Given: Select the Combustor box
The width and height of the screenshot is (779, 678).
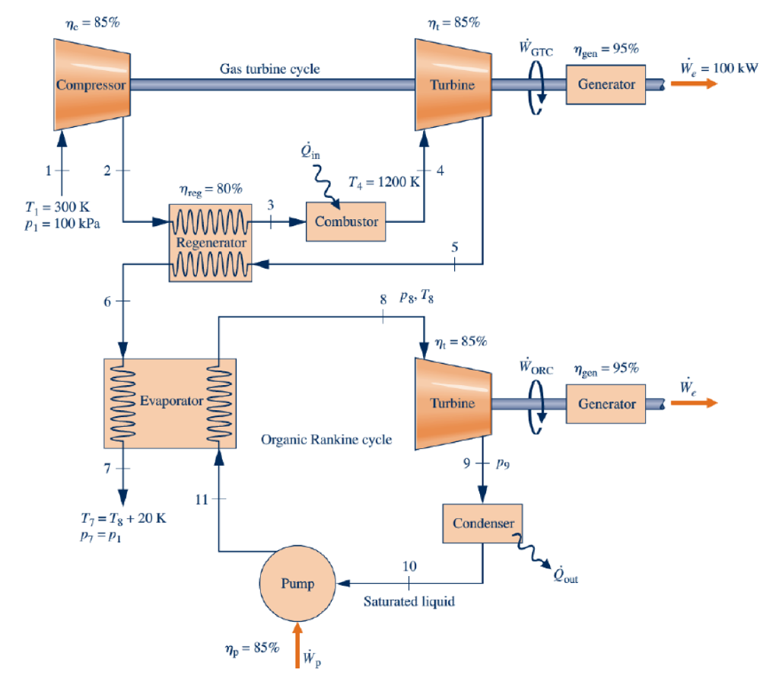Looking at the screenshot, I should (345, 221).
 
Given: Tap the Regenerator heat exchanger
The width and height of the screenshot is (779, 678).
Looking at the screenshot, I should (210, 243).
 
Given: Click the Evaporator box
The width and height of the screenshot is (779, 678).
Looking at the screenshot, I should (170, 402).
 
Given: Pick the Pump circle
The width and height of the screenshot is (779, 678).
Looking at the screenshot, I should (297, 584).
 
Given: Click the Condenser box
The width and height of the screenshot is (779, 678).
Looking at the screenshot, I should (482, 524).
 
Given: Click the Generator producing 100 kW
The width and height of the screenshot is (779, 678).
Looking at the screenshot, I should (606, 84).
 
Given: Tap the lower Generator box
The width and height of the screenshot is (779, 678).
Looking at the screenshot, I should (606, 403).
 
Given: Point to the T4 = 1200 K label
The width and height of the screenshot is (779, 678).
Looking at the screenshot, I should (383, 183).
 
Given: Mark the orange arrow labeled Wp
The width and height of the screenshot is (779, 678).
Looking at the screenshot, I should (297, 646).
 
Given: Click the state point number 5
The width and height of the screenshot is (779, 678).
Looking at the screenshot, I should (455, 247).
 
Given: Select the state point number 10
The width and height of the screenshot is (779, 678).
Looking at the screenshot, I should (409, 566).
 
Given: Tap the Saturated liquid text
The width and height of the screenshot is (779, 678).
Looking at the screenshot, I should (409, 602).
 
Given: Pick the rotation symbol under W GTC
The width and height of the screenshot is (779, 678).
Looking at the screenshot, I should (537, 85).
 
